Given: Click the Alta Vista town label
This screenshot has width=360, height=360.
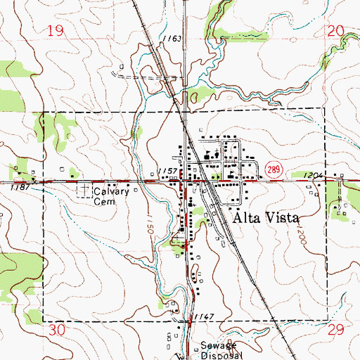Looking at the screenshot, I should tap(264, 218).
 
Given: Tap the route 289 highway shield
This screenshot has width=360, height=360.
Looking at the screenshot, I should tap(274, 167).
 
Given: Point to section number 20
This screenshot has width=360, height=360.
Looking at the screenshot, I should tap(336, 30).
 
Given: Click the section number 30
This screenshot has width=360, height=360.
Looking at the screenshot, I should tap(57, 330).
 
